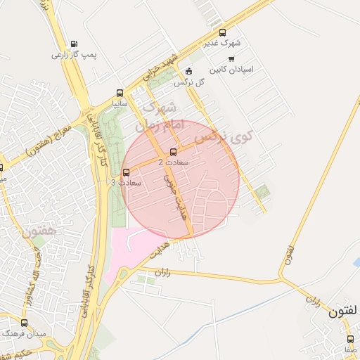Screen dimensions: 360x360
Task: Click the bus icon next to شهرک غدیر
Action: pyautogui.click(x=223, y=32)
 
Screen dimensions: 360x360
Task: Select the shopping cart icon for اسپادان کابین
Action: pyautogui.click(x=231, y=59)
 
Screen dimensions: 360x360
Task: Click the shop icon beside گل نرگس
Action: pyautogui.click(x=188, y=72)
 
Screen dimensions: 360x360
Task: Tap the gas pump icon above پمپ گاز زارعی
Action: pyautogui.click(x=75, y=44)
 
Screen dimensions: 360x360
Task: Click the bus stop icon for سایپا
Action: pyautogui.click(x=120, y=93)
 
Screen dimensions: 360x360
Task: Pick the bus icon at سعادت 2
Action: pyautogui.click(x=173, y=152)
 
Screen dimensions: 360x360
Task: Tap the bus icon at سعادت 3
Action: pyautogui.click(x=127, y=172)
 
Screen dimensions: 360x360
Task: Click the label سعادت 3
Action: pyautogui.click(x=127, y=183)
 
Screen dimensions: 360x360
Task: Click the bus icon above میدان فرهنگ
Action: pyautogui.click(x=25, y=323)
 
